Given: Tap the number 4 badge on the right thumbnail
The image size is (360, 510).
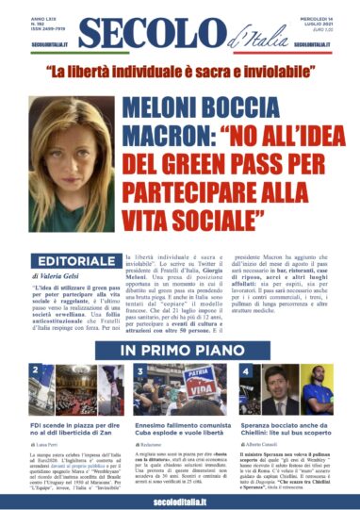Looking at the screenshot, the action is tap(244, 371).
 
